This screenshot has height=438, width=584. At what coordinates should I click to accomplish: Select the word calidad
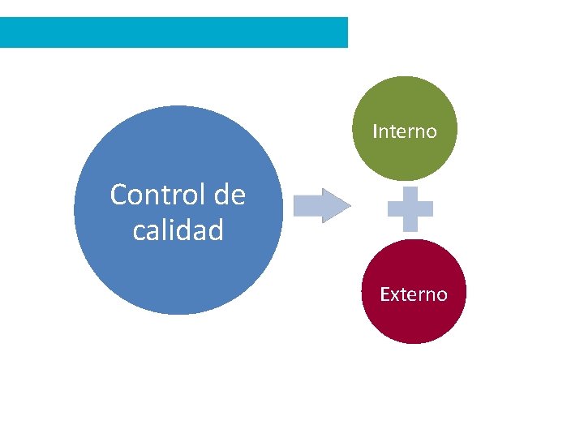tap(178, 231)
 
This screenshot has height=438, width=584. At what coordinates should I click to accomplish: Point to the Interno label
tap(404, 131)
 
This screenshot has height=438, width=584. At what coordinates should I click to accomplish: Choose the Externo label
tap(413, 294)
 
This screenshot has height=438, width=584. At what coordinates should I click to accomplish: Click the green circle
tap(404, 101)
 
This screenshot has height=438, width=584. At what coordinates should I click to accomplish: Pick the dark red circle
tap(413, 320)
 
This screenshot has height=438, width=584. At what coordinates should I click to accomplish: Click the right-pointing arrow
tap(321, 206)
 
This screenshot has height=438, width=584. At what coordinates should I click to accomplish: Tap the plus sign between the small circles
tap(410, 209)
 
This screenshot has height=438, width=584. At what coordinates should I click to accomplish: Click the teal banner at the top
tap(174, 32)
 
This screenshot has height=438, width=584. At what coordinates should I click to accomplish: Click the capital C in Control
tap(118, 195)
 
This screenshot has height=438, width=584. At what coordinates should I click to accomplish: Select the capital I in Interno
tap(376, 131)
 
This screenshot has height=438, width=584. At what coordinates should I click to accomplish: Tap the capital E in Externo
tap(385, 294)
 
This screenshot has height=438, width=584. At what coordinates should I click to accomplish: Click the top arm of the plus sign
tap(410, 194)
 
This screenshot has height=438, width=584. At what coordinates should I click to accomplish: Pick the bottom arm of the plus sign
tap(410, 225)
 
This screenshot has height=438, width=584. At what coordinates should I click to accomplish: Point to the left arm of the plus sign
tap(395, 209)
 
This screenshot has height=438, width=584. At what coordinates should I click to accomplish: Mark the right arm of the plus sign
tap(425, 209)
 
